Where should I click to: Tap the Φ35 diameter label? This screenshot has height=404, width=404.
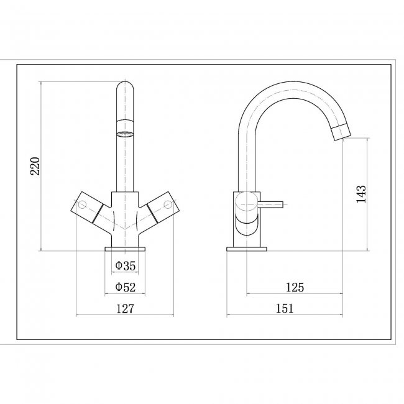coord(125,267)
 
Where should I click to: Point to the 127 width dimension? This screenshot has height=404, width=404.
coord(125,308)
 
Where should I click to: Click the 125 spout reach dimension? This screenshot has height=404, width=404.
coord(295,287)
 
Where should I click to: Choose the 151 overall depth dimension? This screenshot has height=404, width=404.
coord(285,308)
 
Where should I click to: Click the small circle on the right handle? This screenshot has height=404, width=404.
coord(167,204)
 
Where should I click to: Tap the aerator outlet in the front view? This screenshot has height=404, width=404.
coord(125,132)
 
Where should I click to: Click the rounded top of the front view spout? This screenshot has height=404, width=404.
coord(125,87)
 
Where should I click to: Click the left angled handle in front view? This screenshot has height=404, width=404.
coord(91,208)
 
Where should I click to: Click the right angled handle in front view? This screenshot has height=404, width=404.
coord(158,208)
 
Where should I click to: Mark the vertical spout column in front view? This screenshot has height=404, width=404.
coord(125,162)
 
